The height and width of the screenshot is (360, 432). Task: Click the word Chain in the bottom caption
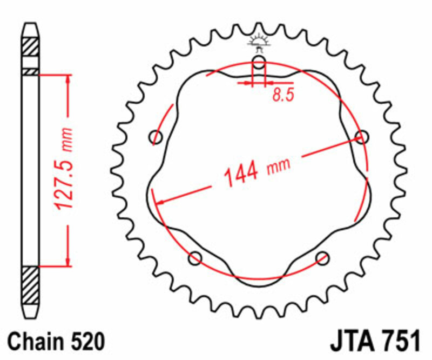36,342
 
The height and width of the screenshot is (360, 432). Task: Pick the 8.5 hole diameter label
282,96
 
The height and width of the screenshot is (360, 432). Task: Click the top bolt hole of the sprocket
259,63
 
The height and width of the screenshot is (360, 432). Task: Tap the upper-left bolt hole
156,137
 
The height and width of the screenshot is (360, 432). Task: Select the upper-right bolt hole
361,137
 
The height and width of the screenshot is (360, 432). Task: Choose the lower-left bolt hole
195,258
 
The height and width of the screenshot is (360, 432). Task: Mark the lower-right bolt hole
322,258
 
